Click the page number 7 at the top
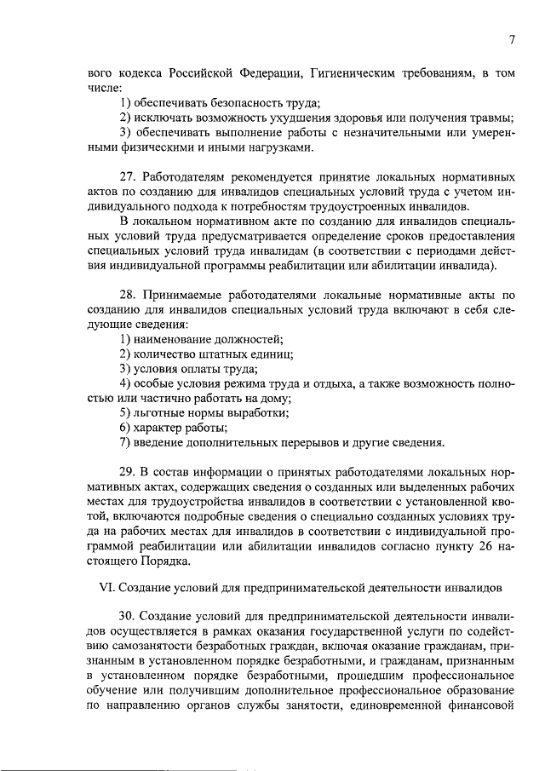pyautogui.click(x=512, y=40)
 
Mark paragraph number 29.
pyautogui.click(x=128, y=471)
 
